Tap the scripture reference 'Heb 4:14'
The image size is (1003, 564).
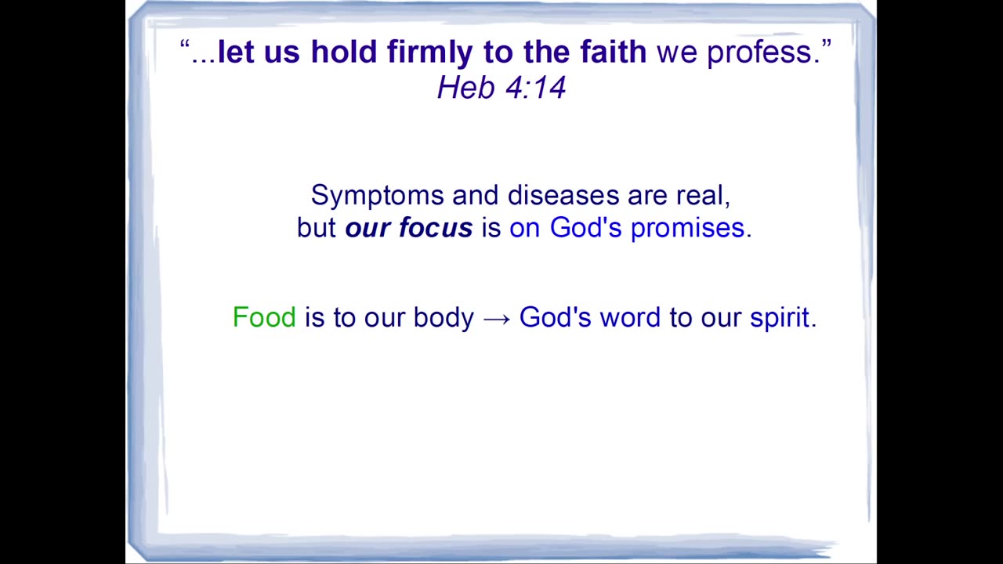click(501, 87)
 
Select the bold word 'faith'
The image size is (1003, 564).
click(614, 51)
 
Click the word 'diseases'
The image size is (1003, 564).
click(563, 195)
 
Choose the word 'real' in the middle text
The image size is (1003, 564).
click(700, 195)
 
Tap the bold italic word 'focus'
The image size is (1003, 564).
click(436, 227)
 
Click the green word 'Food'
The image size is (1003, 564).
click(264, 317)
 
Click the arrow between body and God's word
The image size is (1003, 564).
click(497, 319)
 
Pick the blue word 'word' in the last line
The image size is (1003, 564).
click(630, 317)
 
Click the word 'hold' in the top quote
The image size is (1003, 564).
click(344, 51)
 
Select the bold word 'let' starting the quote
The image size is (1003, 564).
click(236, 51)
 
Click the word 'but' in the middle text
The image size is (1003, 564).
click(316, 227)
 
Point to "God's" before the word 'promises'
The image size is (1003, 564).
click(585, 227)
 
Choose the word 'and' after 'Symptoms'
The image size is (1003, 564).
click(475, 195)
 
